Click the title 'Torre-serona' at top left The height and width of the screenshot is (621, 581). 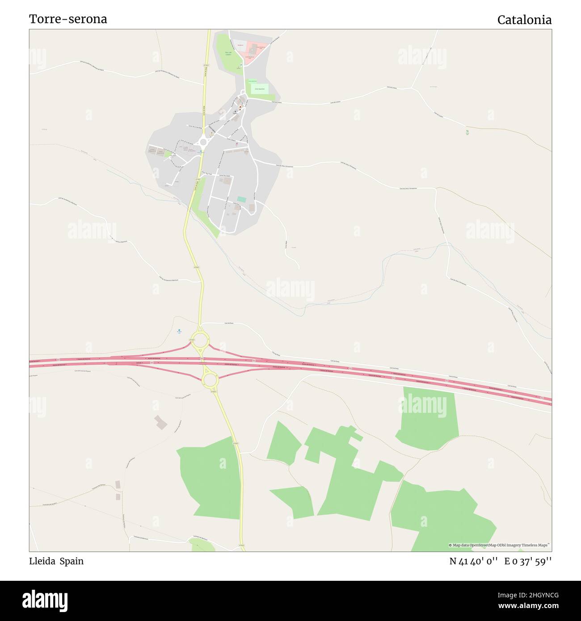68,19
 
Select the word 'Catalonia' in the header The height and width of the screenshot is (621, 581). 524,20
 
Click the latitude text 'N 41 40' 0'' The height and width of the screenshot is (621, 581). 473,562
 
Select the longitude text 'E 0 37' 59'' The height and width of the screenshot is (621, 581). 528,562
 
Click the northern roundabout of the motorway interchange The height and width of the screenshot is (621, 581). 200,341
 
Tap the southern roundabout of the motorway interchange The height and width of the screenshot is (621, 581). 210,380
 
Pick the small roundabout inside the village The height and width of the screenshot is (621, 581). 203,143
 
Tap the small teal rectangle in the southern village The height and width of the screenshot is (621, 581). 242,199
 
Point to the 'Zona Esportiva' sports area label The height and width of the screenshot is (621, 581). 260,89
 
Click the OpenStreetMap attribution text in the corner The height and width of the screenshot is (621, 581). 499,545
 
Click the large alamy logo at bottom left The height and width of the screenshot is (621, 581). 45,600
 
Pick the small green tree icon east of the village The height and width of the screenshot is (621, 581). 467,131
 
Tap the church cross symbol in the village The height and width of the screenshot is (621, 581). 236,111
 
